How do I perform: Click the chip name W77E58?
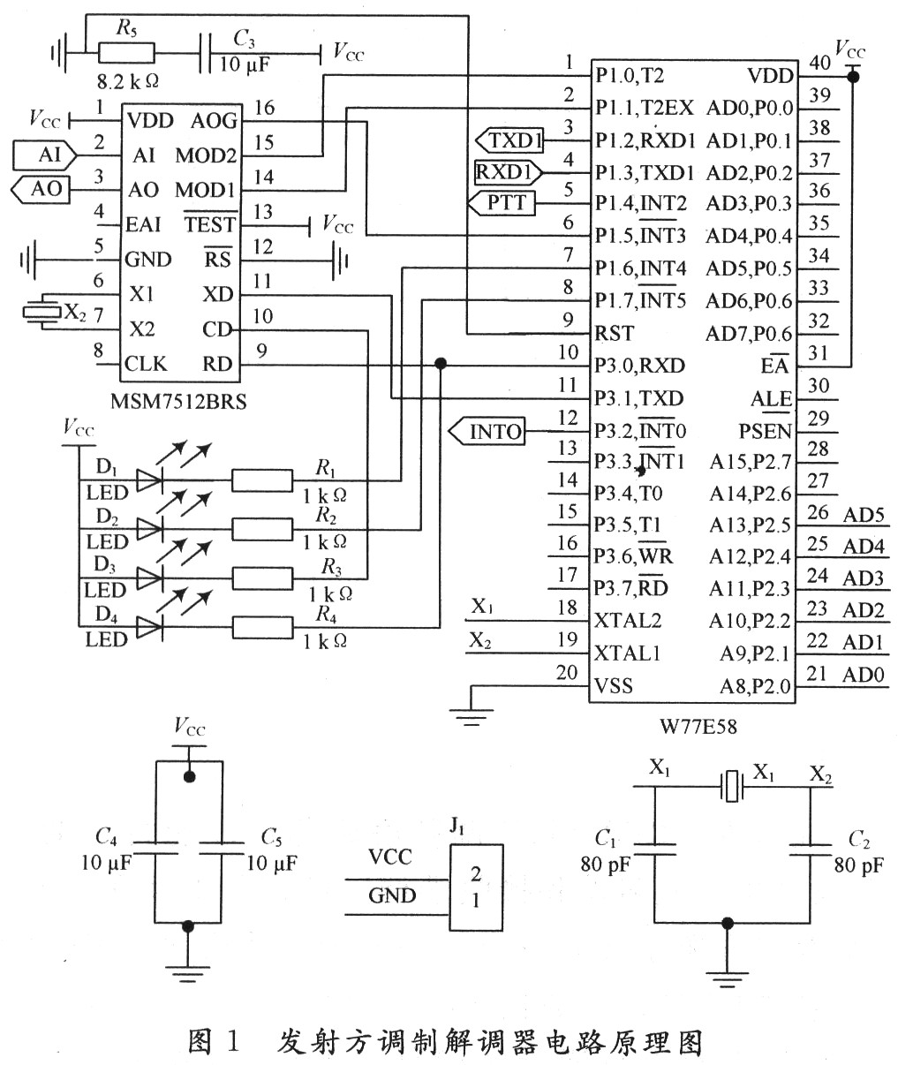pyautogui.click(x=696, y=727)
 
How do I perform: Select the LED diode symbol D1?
pyautogui.click(x=150, y=480)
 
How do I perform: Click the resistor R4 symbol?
pyautogui.click(x=262, y=627)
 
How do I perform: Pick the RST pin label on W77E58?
pyautogui.click(x=615, y=333)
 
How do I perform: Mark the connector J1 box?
pyautogui.click(x=476, y=887)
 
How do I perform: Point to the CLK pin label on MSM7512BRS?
pyautogui.click(x=146, y=364)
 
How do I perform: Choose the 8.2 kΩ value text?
pyautogui.click(x=129, y=81)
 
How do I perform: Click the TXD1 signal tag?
pyautogui.click(x=509, y=140)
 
